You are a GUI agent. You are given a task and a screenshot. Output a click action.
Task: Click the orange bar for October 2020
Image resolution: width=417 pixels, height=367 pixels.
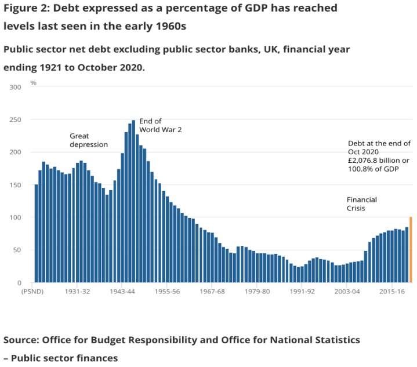coord(411,250)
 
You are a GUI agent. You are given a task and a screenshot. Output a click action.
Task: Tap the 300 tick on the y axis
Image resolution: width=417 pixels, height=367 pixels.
coord(16,87)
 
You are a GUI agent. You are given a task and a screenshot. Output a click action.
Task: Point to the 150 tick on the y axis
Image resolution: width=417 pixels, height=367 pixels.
coord(16,185)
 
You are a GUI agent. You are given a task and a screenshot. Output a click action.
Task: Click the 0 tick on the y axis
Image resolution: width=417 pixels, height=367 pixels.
coord(19,283)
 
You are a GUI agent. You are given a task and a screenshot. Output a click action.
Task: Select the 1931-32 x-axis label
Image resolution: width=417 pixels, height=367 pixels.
coord(77,292)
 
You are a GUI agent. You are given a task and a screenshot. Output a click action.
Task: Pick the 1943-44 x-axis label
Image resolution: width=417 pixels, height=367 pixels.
coord(122,292)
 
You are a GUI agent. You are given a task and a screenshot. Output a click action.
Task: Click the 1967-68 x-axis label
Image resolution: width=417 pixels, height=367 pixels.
coord(213,292)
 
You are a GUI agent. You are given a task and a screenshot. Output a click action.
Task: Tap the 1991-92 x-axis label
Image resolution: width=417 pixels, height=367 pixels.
coord(303,292)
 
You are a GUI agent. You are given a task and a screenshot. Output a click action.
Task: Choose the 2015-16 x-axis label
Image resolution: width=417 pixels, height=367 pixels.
coord(393,292)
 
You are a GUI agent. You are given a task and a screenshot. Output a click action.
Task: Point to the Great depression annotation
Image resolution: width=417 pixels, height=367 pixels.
coord(89,140)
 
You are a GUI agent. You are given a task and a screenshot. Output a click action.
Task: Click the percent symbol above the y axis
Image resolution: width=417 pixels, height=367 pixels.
coord(33,83)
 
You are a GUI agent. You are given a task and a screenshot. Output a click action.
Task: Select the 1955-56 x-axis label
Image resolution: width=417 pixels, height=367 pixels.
coord(168,292)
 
